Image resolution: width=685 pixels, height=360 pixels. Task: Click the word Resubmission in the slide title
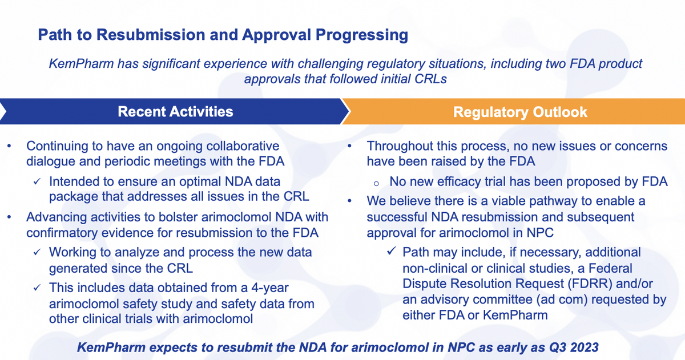pyautogui.click(x=150, y=35)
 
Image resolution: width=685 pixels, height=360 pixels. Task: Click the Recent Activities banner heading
pyautogui.click(x=176, y=112)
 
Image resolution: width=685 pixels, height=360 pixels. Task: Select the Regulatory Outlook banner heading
pyautogui.click(x=520, y=112)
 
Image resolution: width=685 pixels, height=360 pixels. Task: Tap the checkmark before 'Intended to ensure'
pyautogui.click(x=37, y=181)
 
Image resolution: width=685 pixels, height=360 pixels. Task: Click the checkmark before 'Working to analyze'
pyautogui.click(x=37, y=252)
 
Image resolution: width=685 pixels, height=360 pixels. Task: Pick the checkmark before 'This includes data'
pyautogui.click(x=37, y=288)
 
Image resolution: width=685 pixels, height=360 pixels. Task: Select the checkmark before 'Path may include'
pyautogui.click(x=392, y=252)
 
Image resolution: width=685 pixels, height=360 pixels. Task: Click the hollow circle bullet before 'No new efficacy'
pyautogui.click(x=376, y=184)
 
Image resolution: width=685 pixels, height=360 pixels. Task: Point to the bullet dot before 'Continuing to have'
pyautogui.click(x=9, y=146)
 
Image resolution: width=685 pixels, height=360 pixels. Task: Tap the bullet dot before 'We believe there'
pyautogui.click(x=349, y=201)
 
